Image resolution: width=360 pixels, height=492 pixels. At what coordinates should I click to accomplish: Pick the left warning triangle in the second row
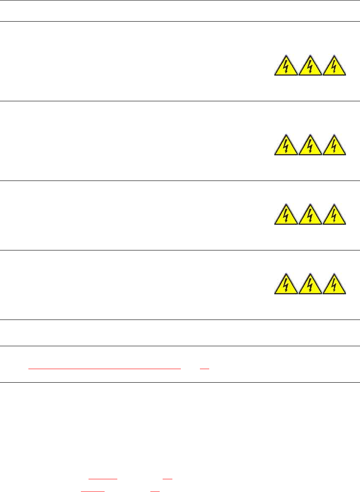pyautogui.click(x=286, y=146)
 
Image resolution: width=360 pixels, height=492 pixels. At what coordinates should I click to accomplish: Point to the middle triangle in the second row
pyautogui.click(x=310, y=146)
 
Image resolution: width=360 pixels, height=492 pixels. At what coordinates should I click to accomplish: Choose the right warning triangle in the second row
pyautogui.click(x=334, y=146)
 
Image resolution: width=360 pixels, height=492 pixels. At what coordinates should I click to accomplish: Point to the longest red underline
pyautogui.click(x=105, y=369)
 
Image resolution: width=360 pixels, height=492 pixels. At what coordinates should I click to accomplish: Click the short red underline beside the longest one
pyautogui.click(x=205, y=369)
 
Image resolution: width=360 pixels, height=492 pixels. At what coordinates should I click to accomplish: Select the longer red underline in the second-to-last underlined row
pyautogui.click(x=102, y=478)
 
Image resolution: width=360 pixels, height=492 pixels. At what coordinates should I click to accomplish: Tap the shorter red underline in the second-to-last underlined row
pyautogui.click(x=168, y=478)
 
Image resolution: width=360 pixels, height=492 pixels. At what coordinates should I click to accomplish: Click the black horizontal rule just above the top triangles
pyautogui.click(x=180, y=22)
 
